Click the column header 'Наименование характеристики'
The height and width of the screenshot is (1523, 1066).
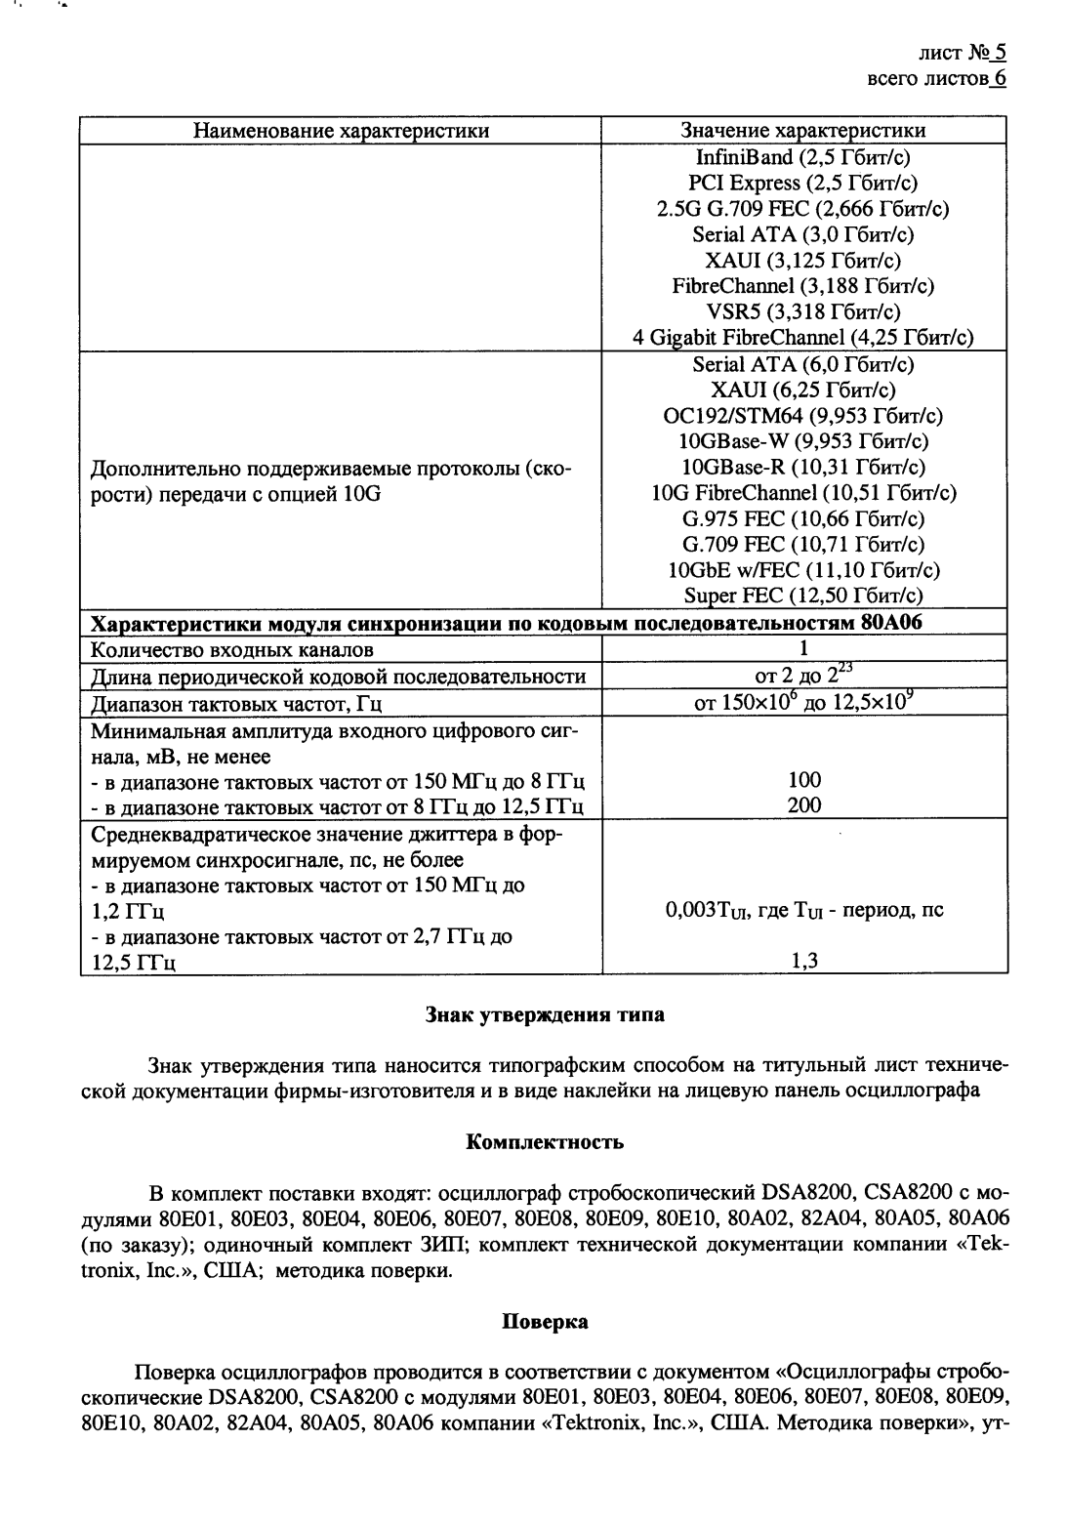coord(340,130)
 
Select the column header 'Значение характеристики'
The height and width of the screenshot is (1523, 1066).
coord(802,130)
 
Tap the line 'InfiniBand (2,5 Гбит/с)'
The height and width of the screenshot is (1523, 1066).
coord(802,157)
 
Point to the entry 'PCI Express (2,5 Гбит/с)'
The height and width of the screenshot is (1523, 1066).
coord(802,183)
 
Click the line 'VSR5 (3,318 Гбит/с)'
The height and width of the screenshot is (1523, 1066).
coord(802,311)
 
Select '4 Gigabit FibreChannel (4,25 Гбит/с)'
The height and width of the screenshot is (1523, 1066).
coord(802,338)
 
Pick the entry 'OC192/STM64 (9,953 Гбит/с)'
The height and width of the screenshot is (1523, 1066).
coord(802,416)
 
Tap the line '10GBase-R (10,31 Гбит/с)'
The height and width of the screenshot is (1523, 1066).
coord(802,467)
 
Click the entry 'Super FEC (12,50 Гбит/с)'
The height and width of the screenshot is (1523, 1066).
coord(802,596)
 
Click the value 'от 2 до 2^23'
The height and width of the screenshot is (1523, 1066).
coord(802,675)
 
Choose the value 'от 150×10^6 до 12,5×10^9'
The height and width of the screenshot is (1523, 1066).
coord(802,701)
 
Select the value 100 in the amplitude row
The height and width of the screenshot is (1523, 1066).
coord(804,779)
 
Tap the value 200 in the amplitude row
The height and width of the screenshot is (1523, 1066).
coord(804,805)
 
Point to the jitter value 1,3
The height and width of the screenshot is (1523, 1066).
coord(804,961)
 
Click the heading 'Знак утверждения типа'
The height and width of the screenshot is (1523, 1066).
coord(545,1014)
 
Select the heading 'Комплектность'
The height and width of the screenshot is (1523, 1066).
coord(545,1141)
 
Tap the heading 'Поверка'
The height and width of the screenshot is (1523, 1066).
coord(545,1322)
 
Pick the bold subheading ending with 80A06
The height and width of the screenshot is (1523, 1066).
coord(507,623)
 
